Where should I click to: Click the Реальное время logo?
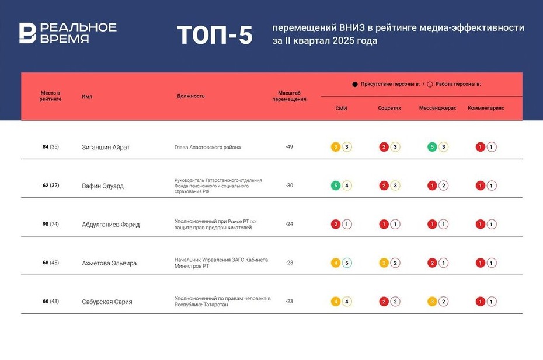[x=67, y=33]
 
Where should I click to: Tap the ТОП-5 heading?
[x=214, y=35]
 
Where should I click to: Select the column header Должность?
[x=190, y=96]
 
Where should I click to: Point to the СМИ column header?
[x=342, y=109]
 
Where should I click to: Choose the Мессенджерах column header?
[x=437, y=109]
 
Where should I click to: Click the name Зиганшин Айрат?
[x=106, y=148]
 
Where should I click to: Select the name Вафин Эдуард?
[x=103, y=186]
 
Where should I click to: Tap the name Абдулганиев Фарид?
[x=110, y=225]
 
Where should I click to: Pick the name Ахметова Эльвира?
[x=109, y=263]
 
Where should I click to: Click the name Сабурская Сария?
[x=107, y=302]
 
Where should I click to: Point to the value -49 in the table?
[x=289, y=147]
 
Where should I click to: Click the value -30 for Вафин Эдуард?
[x=289, y=186]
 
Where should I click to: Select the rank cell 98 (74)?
[x=50, y=224]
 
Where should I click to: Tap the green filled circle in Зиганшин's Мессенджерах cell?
[x=432, y=147]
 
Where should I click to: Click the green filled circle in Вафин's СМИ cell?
[x=336, y=186]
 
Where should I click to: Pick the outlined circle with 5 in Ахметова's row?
[x=347, y=263]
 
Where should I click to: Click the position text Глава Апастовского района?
[x=207, y=148]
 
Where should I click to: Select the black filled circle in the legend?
[x=354, y=85]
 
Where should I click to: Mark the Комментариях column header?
[x=486, y=109]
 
